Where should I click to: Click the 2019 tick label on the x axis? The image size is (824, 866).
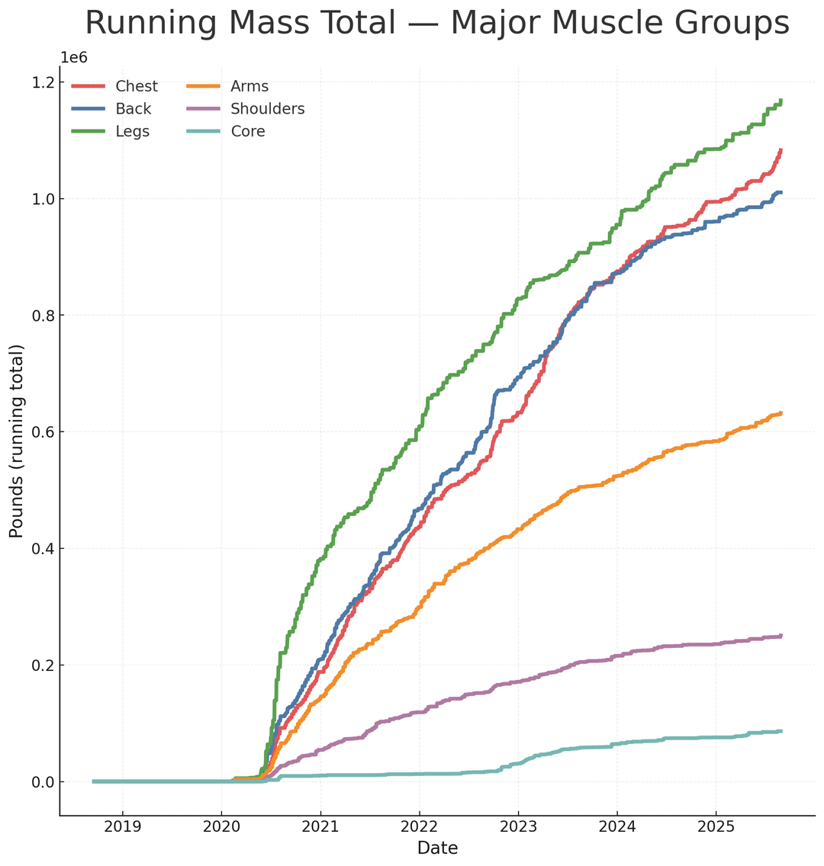123,827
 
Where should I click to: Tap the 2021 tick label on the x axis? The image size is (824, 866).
320,827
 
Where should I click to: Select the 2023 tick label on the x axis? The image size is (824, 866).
518,827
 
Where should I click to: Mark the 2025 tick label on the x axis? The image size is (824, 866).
716,827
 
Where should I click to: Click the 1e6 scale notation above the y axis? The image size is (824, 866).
75,58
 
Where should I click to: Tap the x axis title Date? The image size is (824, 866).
437,848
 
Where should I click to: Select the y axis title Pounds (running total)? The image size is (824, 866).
17,441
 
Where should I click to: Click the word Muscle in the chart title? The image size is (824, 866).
562,23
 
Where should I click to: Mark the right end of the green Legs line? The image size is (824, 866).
781,101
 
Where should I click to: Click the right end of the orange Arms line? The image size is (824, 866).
781,413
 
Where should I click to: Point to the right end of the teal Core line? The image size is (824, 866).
781,731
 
